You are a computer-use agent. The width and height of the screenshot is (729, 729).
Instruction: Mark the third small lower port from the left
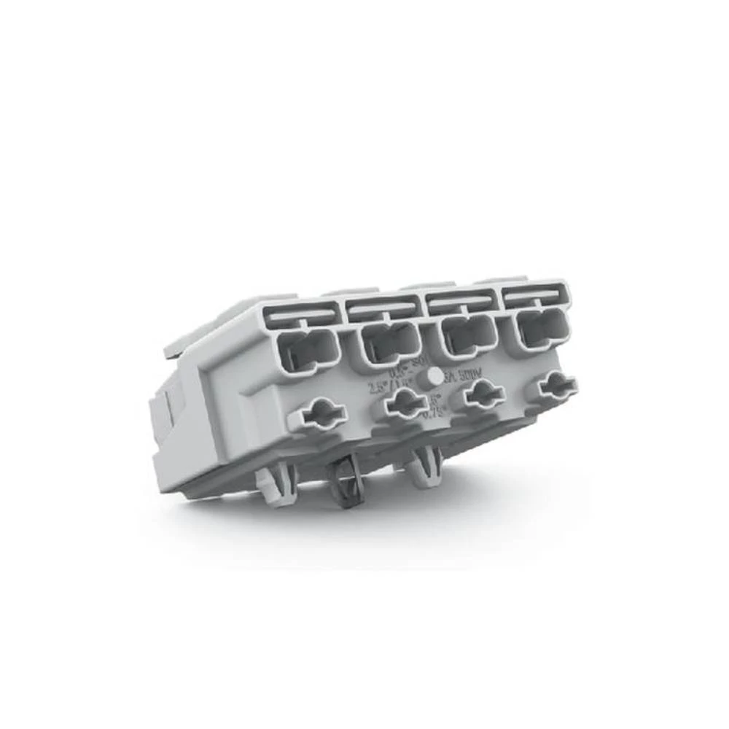(481, 393)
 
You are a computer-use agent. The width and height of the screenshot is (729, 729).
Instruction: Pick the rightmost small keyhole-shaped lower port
(555, 385)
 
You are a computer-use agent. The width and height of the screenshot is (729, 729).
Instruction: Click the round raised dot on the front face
(435, 376)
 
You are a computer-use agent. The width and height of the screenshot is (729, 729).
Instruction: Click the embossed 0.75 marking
(434, 411)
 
